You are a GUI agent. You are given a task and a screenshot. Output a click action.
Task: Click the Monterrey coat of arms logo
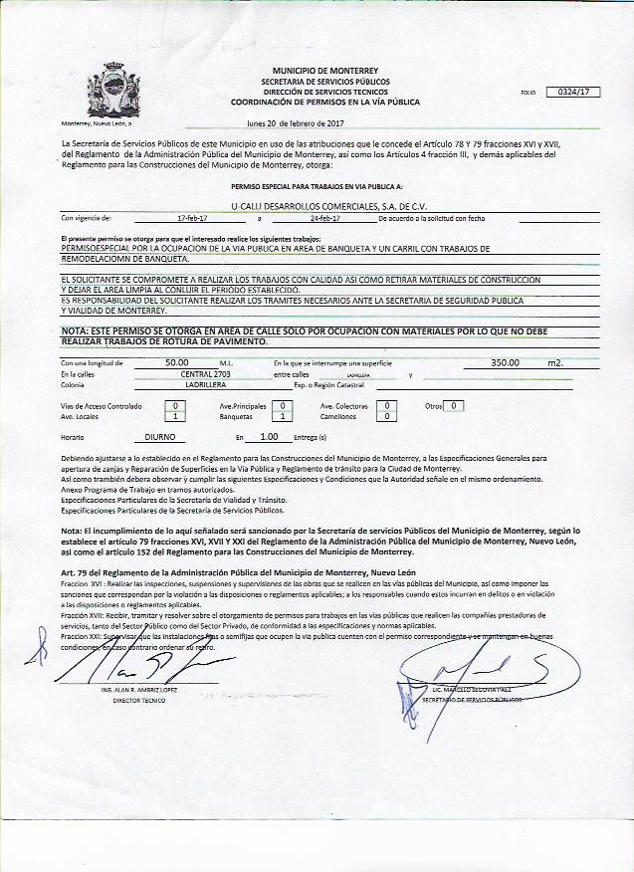click(108, 92)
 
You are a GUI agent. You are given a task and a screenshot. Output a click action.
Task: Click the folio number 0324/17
click(573, 92)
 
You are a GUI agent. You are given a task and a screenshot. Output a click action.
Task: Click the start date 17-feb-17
click(193, 217)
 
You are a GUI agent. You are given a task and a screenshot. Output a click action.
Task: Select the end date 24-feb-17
click(324, 217)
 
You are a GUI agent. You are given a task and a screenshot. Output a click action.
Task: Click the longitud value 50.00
click(177, 363)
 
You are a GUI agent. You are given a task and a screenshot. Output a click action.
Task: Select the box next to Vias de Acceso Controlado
click(175, 406)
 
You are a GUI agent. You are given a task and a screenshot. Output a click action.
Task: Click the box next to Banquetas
click(284, 417)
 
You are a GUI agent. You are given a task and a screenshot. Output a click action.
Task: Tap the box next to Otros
click(454, 406)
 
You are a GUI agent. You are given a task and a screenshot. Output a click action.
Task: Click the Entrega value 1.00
click(268, 437)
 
